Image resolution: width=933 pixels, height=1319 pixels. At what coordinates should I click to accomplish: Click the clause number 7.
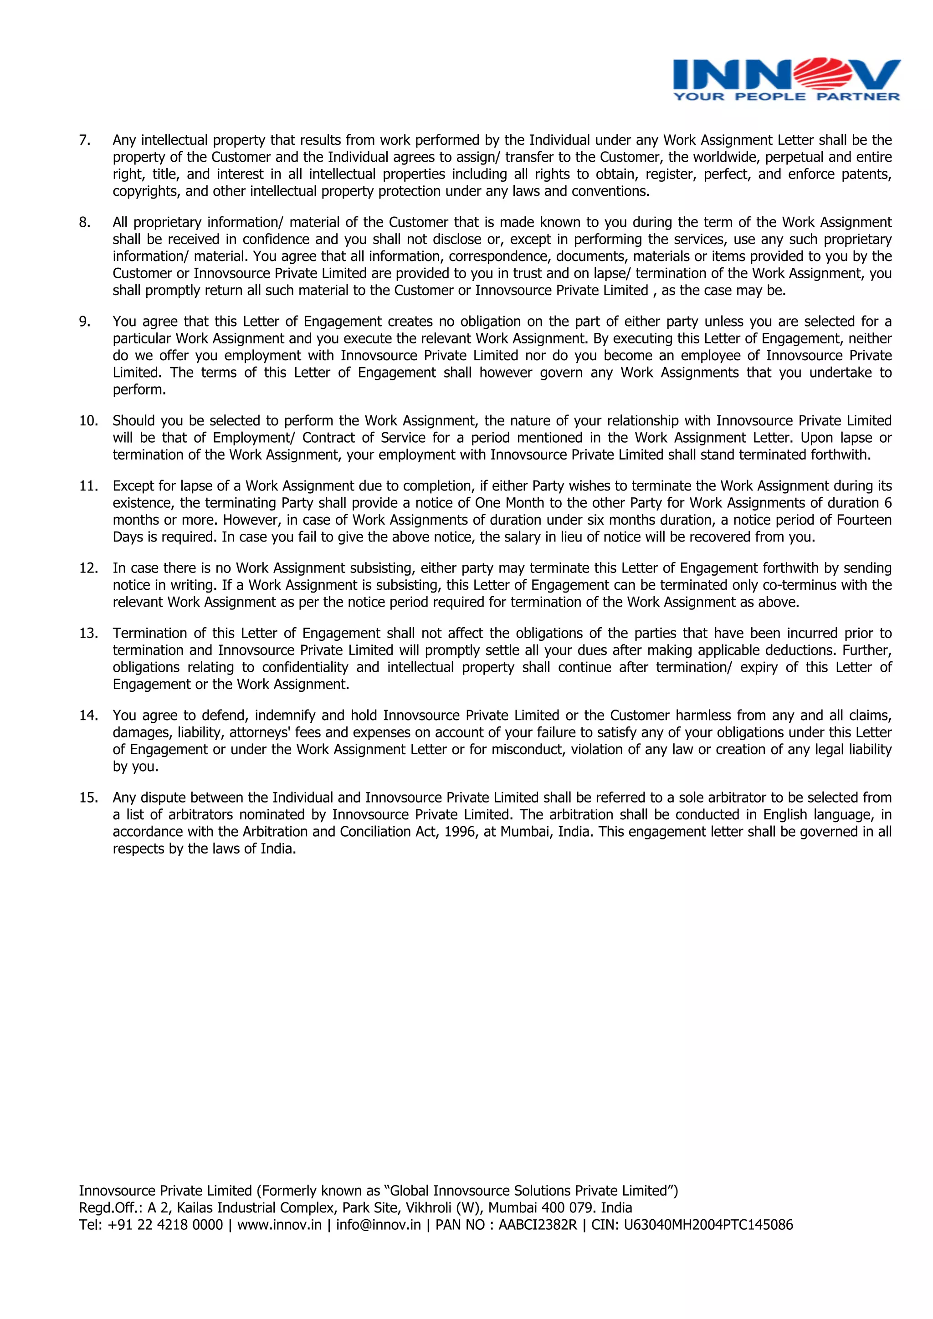pos(84,140)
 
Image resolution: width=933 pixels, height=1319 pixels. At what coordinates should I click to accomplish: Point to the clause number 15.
pos(88,798)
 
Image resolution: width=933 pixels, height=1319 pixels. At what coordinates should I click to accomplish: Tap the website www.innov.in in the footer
pos(279,1225)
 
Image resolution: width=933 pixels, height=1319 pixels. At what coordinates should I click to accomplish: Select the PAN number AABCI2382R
pos(537,1225)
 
